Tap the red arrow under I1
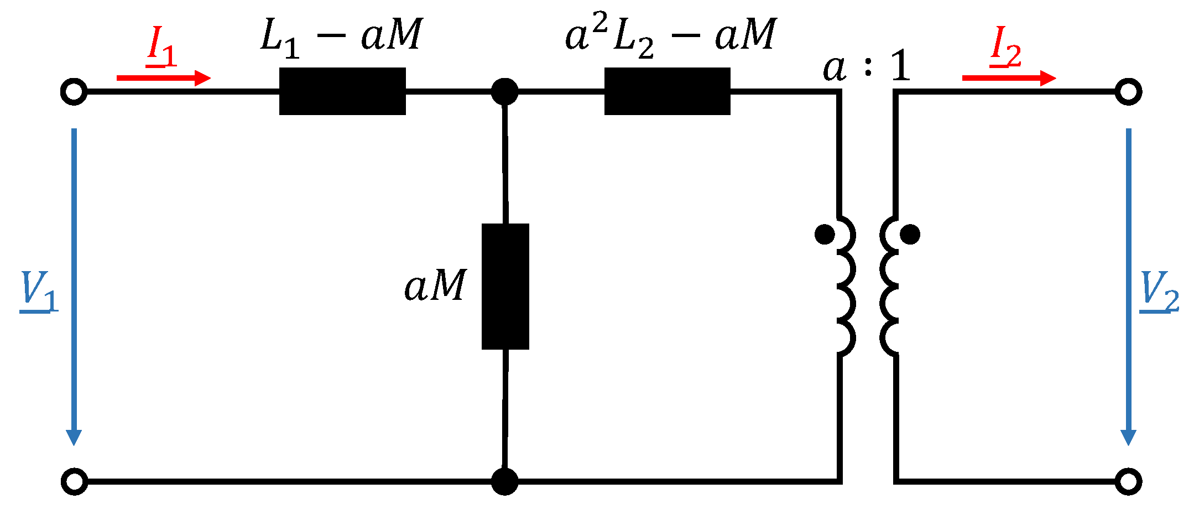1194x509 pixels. pos(163,78)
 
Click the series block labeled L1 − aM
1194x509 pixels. pos(342,91)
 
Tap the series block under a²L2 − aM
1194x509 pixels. pos(667,91)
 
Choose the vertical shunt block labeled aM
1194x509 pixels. pos(505,287)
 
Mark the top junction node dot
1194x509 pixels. pos(504,91)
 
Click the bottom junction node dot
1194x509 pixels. pos(504,481)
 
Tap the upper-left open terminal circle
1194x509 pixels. pos(74,92)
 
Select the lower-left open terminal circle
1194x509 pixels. pos(74,481)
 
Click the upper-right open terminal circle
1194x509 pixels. pos(1128,92)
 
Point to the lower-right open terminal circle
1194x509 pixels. pos(1128,481)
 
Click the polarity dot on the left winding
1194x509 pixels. pos(825,234)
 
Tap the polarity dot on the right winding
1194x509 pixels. pos(910,234)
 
